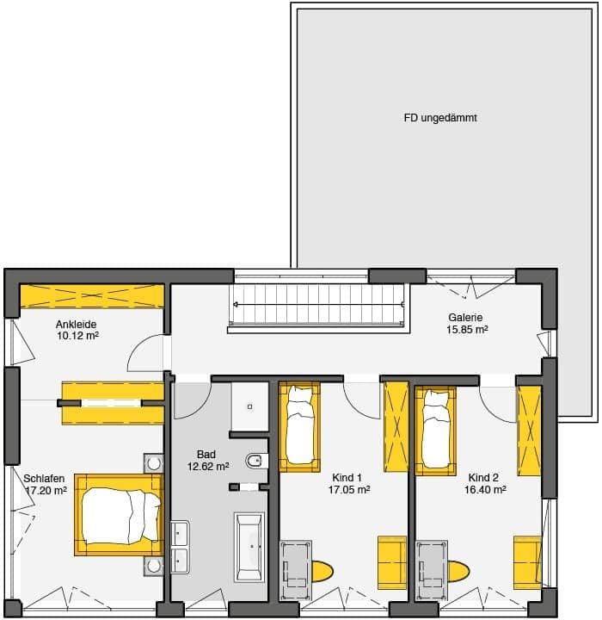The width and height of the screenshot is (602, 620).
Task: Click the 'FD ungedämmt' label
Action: click(x=440, y=118)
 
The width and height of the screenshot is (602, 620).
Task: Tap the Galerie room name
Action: click(x=465, y=317)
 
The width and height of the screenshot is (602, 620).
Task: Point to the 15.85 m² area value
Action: click(x=467, y=329)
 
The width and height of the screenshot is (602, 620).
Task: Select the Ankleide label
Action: click(x=76, y=325)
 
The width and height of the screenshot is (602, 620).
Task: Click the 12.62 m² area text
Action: click(x=208, y=467)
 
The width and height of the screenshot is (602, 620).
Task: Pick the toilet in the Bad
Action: click(x=257, y=461)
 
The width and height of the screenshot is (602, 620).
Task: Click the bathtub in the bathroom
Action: click(x=249, y=547)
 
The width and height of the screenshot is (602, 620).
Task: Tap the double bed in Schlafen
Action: click(x=119, y=515)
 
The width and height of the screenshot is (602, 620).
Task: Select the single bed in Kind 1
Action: click(x=299, y=426)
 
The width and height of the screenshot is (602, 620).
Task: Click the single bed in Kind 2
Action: click(x=435, y=430)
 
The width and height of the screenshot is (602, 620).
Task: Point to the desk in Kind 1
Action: click(x=296, y=570)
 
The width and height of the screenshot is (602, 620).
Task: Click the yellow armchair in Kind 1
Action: click(x=392, y=562)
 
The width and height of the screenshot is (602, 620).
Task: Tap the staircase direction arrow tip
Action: click(x=236, y=305)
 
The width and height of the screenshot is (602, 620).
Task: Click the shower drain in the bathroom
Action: click(x=249, y=406)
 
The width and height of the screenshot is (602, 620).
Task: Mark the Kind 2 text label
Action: click(x=483, y=478)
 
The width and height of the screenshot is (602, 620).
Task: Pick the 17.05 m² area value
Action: click(x=349, y=490)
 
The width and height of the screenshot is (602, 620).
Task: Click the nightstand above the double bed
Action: click(x=153, y=463)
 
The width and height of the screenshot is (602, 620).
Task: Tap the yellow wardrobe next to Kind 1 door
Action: click(x=396, y=426)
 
